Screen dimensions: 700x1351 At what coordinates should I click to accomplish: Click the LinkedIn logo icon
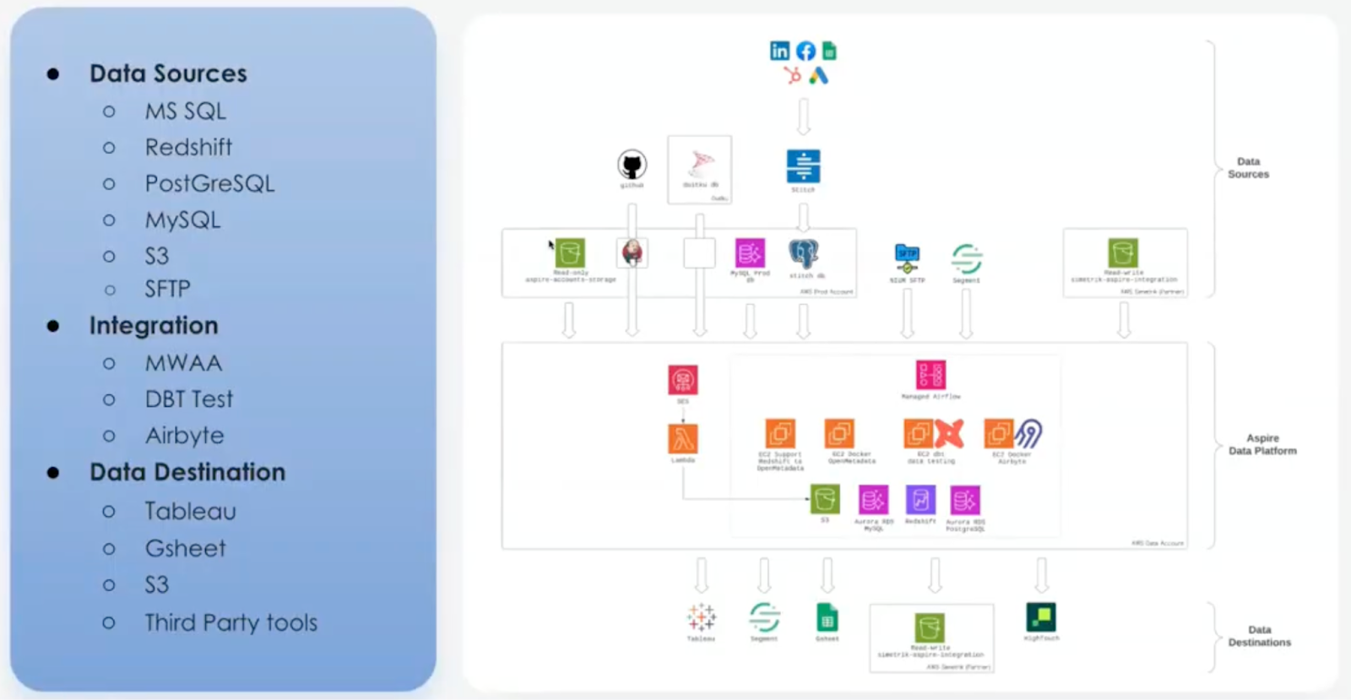pos(779,51)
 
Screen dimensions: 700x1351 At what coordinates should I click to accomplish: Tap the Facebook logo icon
pos(806,51)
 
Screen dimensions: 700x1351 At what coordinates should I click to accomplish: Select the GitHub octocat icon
pos(632,165)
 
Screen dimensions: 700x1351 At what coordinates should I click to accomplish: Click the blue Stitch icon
pos(803,166)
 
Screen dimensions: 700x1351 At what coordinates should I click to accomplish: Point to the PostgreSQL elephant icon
pos(804,253)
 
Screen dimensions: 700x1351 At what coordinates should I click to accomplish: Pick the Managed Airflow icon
pos(931,375)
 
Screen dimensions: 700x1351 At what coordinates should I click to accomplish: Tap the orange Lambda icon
pos(683,439)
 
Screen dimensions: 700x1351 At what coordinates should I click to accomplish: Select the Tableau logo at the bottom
pos(701,618)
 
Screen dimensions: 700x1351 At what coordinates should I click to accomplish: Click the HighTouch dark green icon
pos(1041,617)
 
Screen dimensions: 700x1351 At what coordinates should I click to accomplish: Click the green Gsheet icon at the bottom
pos(827,618)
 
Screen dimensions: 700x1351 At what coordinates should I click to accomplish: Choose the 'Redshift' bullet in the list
pos(188,147)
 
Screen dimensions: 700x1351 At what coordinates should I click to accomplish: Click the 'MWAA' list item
pos(183,363)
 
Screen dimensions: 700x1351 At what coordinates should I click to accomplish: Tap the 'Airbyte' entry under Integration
pos(184,436)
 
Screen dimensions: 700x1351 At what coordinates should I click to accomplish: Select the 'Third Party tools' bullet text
pos(231,623)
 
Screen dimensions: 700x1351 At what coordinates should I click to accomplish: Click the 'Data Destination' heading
pos(187,472)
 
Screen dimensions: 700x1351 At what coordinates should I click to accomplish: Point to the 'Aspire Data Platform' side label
pos(1262,444)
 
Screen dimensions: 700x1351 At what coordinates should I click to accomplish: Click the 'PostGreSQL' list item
pos(209,183)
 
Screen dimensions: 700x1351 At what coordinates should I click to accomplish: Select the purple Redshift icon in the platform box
pos(920,500)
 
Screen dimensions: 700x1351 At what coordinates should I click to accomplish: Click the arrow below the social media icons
pos(804,117)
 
